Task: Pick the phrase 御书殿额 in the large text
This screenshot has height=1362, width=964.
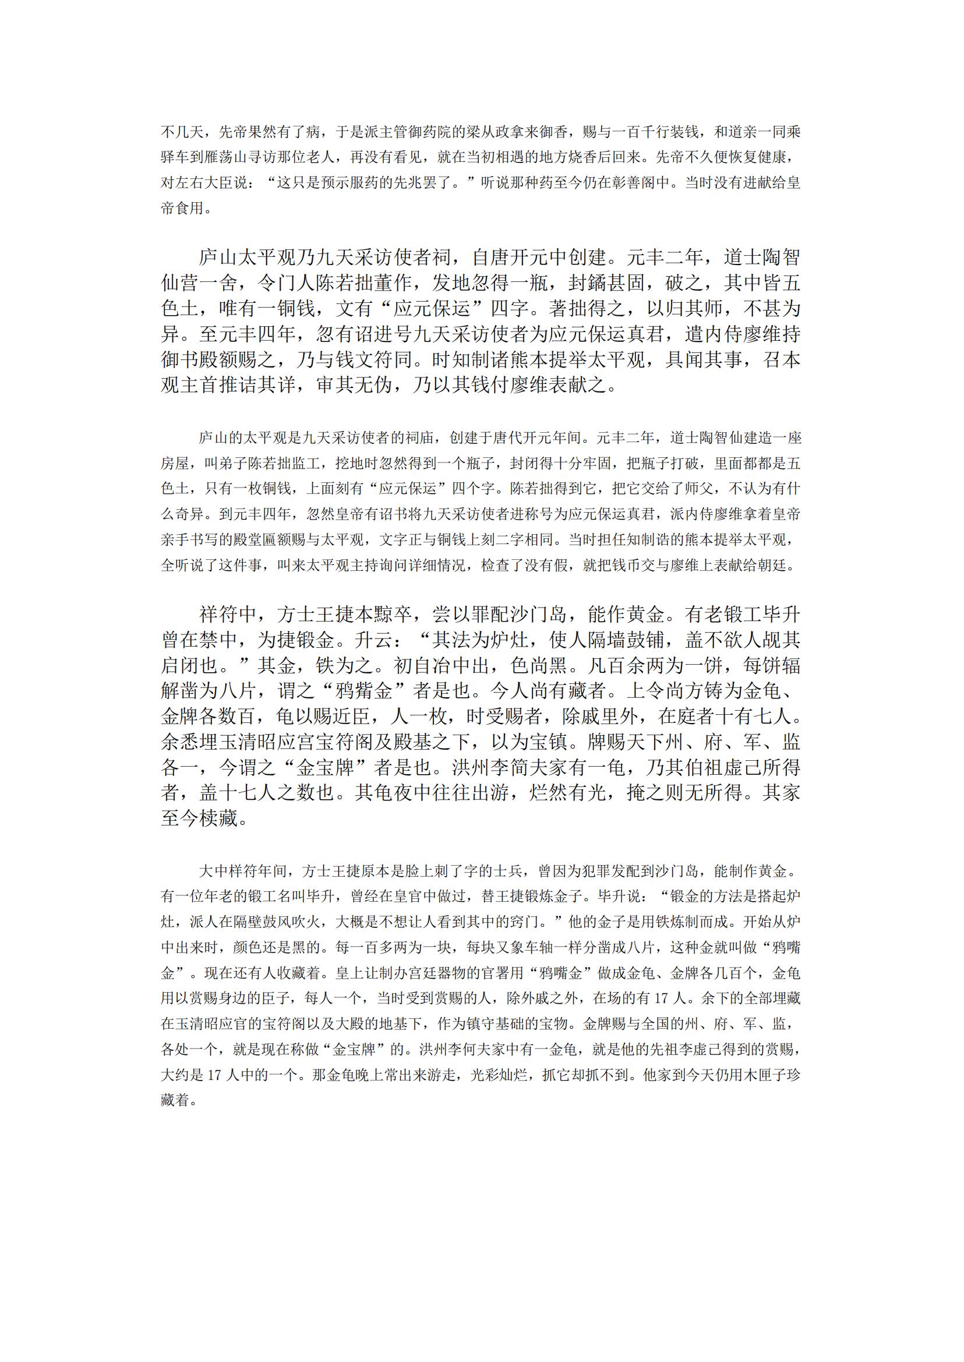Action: pyautogui.click(x=200, y=360)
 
